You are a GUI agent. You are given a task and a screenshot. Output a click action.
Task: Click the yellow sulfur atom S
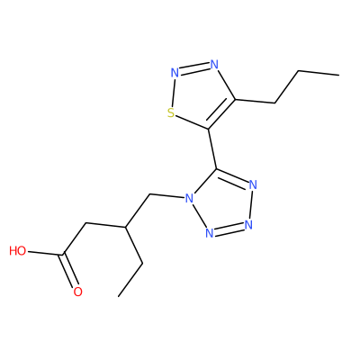point(171,113)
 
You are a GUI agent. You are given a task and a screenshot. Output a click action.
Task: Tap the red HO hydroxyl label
point(18,251)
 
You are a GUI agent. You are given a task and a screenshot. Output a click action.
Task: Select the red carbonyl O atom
point(77,292)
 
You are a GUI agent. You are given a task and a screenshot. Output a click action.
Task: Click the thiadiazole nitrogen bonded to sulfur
point(175,72)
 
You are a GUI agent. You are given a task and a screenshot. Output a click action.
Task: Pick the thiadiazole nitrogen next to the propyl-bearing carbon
point(213,64)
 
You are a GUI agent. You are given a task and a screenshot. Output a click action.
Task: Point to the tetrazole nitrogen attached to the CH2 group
point(188,198)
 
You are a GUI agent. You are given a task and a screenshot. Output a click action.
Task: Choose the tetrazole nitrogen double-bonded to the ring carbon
point(253,184)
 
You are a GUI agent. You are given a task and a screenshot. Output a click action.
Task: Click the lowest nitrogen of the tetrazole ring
point(210,233)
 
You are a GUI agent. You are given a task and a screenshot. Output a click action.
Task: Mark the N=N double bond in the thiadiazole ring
point(194,68)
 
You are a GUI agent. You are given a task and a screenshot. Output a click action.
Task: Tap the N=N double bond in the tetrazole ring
point(229,229)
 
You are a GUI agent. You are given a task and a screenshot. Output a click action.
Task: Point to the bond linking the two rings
point(212,148)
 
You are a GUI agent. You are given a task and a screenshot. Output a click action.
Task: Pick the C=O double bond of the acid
point(69,271)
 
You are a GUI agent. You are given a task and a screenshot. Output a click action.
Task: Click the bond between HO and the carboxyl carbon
point(45,253)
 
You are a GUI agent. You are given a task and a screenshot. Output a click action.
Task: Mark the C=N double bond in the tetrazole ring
point(232,176)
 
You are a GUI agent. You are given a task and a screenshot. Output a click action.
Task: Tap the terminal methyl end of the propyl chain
point(339,75)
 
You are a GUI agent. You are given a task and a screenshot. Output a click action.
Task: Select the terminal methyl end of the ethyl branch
point(119,296)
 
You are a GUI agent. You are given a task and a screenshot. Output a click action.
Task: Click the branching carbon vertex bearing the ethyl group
point(125,227)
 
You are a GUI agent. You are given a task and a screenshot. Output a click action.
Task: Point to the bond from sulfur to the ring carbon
point(192,122)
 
